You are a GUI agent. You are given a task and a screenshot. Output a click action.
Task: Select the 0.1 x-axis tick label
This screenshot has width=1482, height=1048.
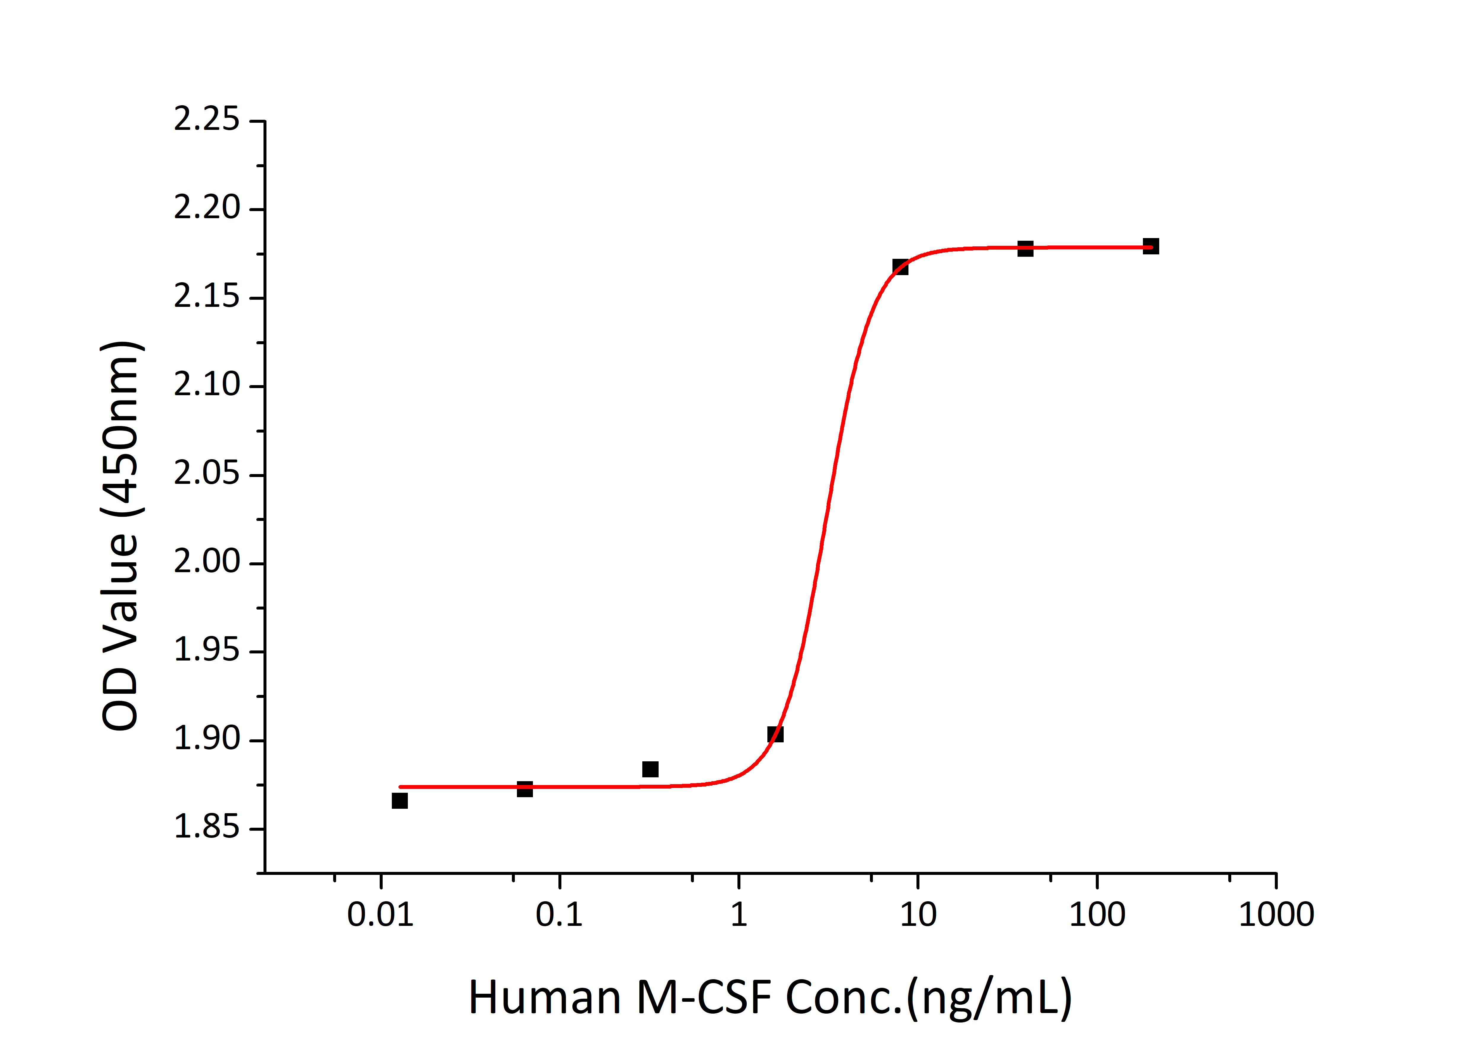click(x=559, y=915)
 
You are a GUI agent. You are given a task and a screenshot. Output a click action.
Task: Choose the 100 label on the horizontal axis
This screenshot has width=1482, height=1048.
click(x=1097, y=915)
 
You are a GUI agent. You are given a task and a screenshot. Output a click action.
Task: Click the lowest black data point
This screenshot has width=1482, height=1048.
click(x=400, y=801)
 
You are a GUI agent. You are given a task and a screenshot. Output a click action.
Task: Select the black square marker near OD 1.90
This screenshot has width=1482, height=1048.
click(x=775, y=734)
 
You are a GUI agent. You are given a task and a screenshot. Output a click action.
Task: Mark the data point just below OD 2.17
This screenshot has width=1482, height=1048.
click(x=900, y=267)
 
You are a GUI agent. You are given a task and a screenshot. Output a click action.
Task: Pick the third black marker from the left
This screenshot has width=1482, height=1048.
click(x=650, y=769)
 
